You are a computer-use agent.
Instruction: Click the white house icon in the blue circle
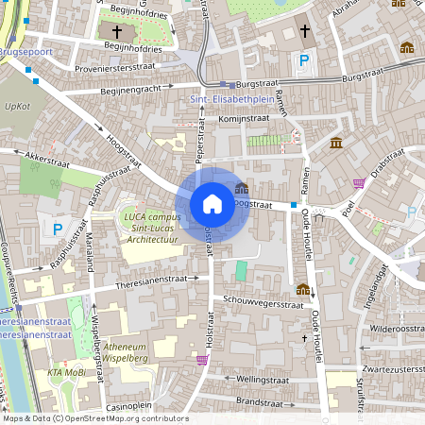(212, 203)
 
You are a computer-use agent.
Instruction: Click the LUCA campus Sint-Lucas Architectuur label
(151, 228)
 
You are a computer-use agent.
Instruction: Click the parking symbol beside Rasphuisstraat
(58, 229)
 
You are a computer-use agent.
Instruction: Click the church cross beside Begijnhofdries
(115, 31)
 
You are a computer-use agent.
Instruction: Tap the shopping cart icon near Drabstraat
(359, 182)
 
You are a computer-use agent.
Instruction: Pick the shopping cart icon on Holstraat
(201, 360)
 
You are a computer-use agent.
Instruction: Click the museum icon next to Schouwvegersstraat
(302, 288)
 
